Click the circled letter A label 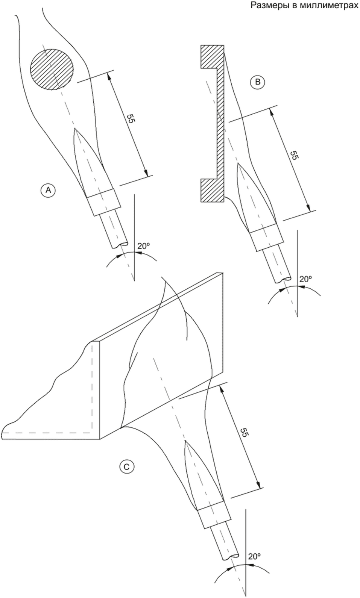pos(49,190)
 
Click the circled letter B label pos(258,82)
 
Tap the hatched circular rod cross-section pos(52,70)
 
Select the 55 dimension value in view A pos(131,118)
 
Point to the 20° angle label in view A pos(143,246)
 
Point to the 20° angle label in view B pos(306,279)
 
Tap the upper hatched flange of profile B pos(213,57)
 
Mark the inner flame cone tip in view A pos(76,129)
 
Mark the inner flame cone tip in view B pos(238,165)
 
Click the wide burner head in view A pos(103,202)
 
